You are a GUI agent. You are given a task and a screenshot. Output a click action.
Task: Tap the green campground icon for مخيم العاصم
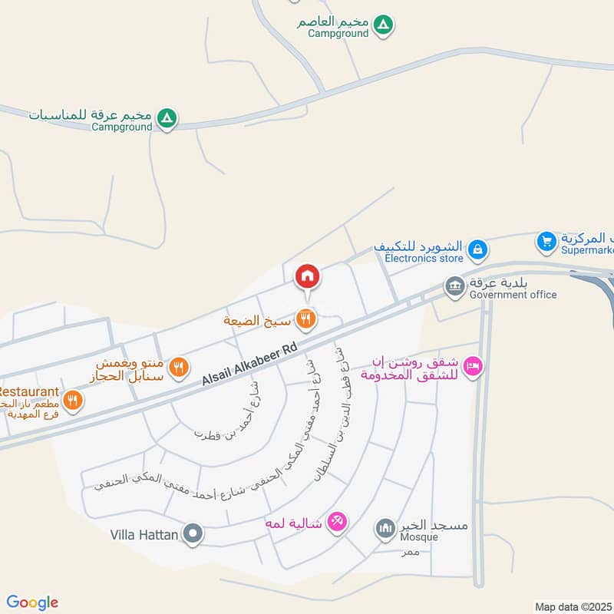pyautogui.click(x=386, y=25)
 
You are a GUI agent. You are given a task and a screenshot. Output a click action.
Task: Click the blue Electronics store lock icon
pyautogui.click(x=477, y=249)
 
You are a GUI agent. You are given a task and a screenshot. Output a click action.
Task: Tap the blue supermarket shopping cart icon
pyautogui.click(x=546, y=241)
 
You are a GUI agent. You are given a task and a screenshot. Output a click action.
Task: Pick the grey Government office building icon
pyautogui.click(x=454, y=286)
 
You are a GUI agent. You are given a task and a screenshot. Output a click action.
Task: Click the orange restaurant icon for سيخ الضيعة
pyautogui.click(x=305, y=319)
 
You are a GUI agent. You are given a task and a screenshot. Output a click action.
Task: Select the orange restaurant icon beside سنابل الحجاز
pyautogui.click(x=178, y=368)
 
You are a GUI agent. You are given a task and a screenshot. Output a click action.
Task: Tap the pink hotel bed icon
pyautogui.click(x=474, y=368)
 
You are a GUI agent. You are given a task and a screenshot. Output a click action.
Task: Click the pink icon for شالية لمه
pyautogui.click(x=336, y=523)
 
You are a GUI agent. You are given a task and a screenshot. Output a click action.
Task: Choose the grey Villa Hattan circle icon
pyautogui.click(x=194, y=533)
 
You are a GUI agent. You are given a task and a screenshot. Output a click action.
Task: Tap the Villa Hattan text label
pyautogui.click(x=144, y=533)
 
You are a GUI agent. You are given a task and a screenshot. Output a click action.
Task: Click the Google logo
pyautogui.click(x=32, y=602)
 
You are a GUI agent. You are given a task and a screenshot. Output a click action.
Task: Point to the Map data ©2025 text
pyautogui.click(x=572, y=607)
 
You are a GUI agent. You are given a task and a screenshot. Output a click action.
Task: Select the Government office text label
pyautogui.click(x=513, y=295)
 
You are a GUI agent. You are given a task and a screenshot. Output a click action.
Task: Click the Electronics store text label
pyautogui.click(x=424, y=259)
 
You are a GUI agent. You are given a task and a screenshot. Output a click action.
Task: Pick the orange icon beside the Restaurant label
pyautogui.click(x=73, y=399)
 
